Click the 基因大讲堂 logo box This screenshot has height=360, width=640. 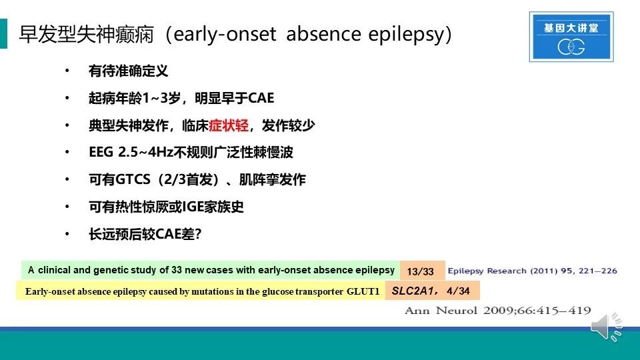click(571, 37)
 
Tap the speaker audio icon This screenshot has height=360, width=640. click(607, 326)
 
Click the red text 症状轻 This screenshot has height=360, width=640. click(228, 125)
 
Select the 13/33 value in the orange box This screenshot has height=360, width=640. click(420, 271)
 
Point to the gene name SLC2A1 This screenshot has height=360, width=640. click(412, 291)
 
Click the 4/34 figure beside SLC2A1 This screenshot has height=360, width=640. click(458, 291)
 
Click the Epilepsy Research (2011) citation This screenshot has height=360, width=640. click(532, 271)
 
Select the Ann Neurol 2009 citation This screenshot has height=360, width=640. click(497, 311)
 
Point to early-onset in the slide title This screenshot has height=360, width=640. click(225, 34)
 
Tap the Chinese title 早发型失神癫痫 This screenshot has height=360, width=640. click(87, 34)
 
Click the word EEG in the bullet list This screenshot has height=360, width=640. click(101, 152)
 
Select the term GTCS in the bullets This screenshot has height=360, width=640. click(133, 179)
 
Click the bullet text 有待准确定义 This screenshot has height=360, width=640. click(129, 71)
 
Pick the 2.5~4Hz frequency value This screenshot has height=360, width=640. click(145, 152)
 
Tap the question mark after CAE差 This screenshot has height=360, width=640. click(198, 234)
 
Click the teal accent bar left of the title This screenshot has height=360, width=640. click(4, 33)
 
